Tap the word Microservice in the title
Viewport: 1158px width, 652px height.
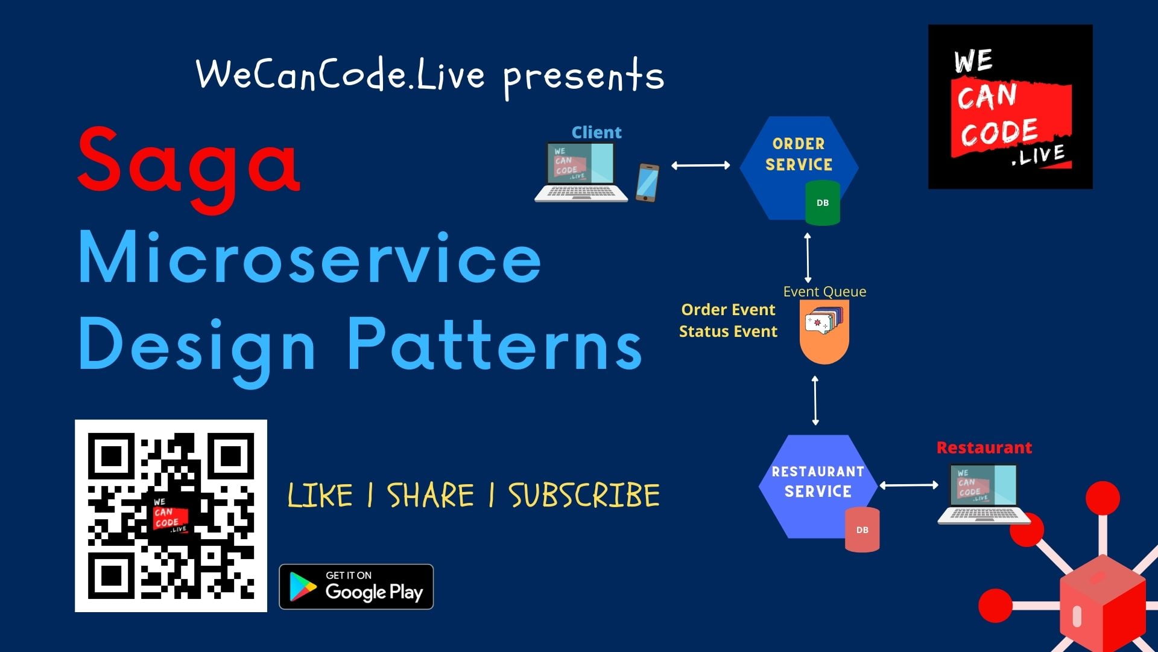(309, 258)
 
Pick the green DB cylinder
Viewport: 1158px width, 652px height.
(823, 203)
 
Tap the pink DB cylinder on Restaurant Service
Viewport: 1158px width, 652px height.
(862, 530)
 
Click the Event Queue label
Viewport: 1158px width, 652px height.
(824, 292)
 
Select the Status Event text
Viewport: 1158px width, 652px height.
(728, 331)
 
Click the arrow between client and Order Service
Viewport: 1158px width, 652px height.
(700, 165)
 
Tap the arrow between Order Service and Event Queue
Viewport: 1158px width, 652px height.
(808, 258)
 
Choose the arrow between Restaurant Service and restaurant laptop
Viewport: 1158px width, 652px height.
(909, 485)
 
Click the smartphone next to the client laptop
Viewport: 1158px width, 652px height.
(647, 182)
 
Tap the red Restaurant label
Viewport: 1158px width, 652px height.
(984, 448)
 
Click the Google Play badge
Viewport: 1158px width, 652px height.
(356, 587)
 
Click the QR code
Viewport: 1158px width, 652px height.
(171, 516)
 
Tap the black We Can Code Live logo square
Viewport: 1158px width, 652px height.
(1010, 107)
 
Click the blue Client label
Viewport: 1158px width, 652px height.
(596, 132)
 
